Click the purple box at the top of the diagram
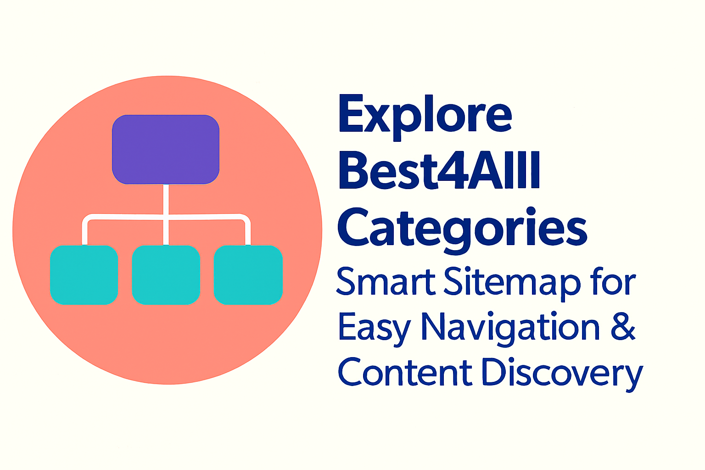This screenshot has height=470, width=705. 166,149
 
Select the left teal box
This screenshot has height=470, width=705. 84,275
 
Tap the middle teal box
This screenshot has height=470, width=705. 166,275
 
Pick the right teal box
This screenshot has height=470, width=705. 248,275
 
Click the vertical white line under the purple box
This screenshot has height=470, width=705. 166,214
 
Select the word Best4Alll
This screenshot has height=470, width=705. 439,170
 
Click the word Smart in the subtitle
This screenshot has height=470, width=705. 386,281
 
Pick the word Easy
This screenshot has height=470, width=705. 375,329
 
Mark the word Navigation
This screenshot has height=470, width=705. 510,329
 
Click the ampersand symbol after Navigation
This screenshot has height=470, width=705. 623,326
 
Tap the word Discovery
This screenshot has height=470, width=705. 562,375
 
